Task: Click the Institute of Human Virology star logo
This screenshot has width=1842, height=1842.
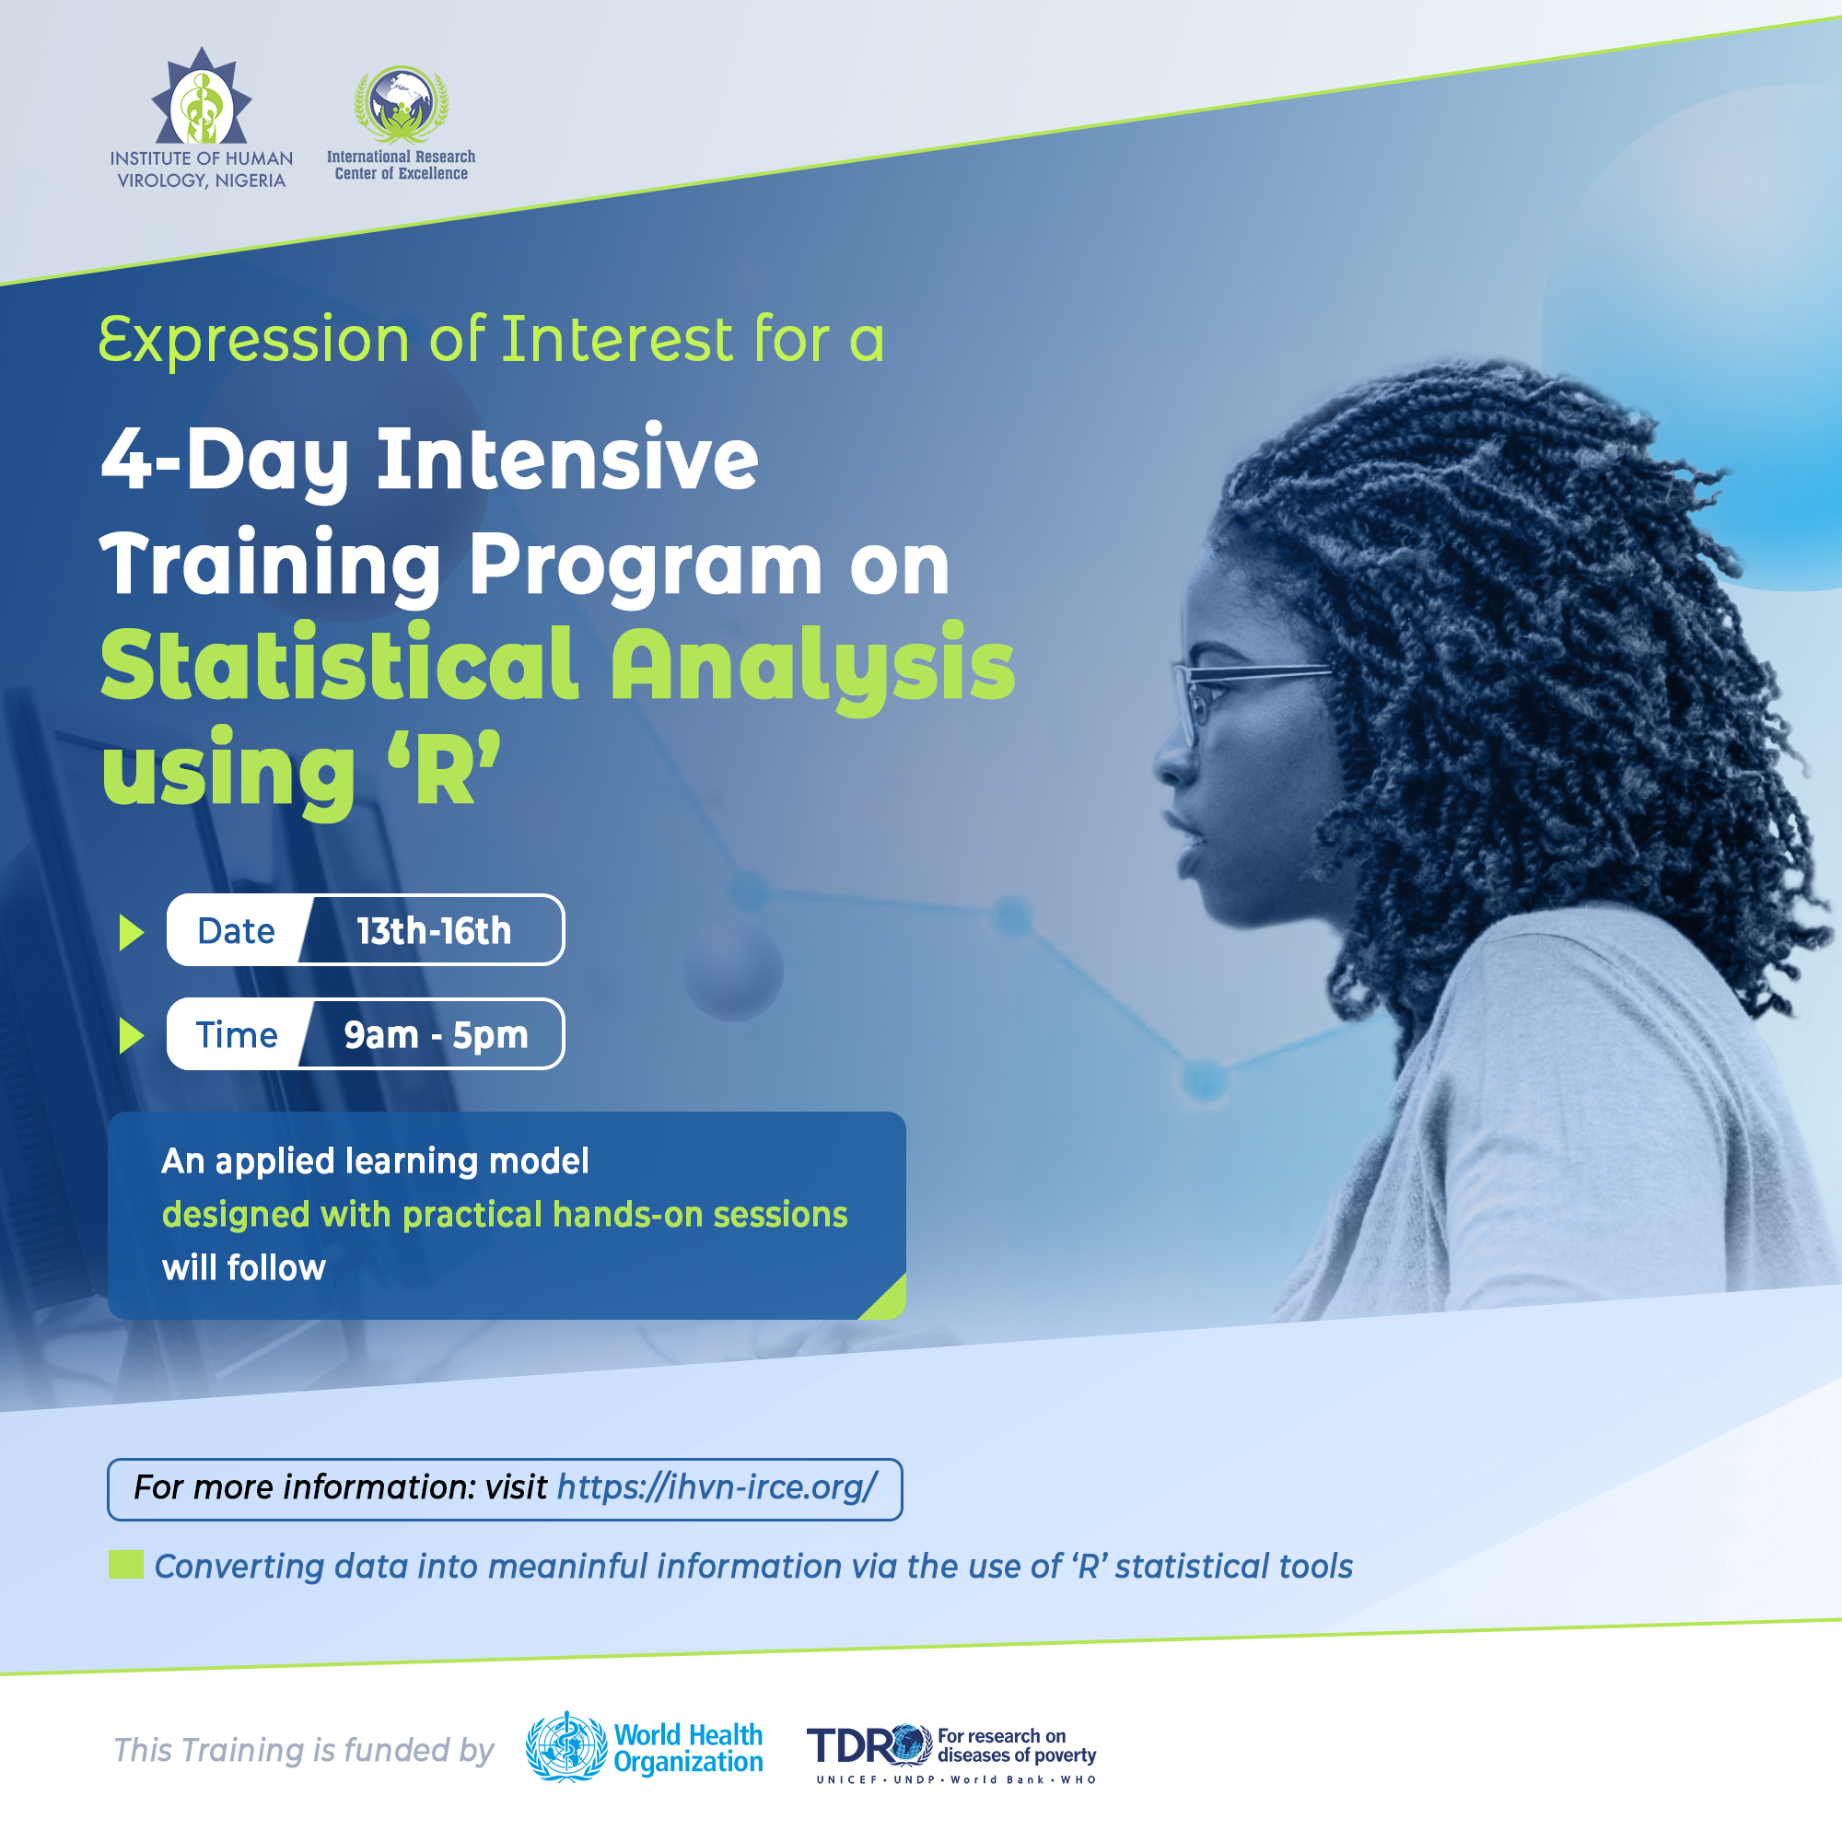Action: [x=201, y=97]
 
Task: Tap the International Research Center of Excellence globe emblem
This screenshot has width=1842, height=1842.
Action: [x=402, y=103]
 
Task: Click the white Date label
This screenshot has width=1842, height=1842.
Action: [x=237, y=930]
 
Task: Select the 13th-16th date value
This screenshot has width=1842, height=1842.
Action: [x=434, y=930]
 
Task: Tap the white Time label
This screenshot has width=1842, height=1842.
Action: [x=237, y=1034]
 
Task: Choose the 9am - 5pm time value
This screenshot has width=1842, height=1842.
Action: [x=436, y=1035]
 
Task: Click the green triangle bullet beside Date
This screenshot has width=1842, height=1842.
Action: [x=132, y=931]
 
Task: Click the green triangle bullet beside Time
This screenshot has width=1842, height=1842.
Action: [x=132, y=1035]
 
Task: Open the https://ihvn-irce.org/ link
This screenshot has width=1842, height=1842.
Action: [x=716, y=1486]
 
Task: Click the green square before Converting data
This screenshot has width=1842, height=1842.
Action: [x=126, y=1564]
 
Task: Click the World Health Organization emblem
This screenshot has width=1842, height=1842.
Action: [x=566, y=1746]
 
